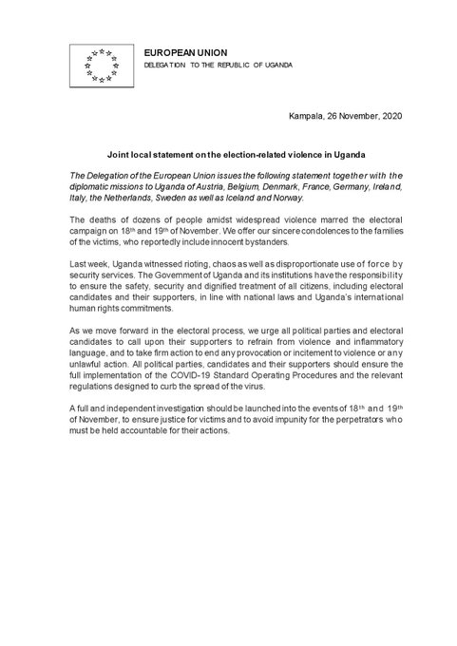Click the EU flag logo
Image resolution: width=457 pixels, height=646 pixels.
tap(96, 65)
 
